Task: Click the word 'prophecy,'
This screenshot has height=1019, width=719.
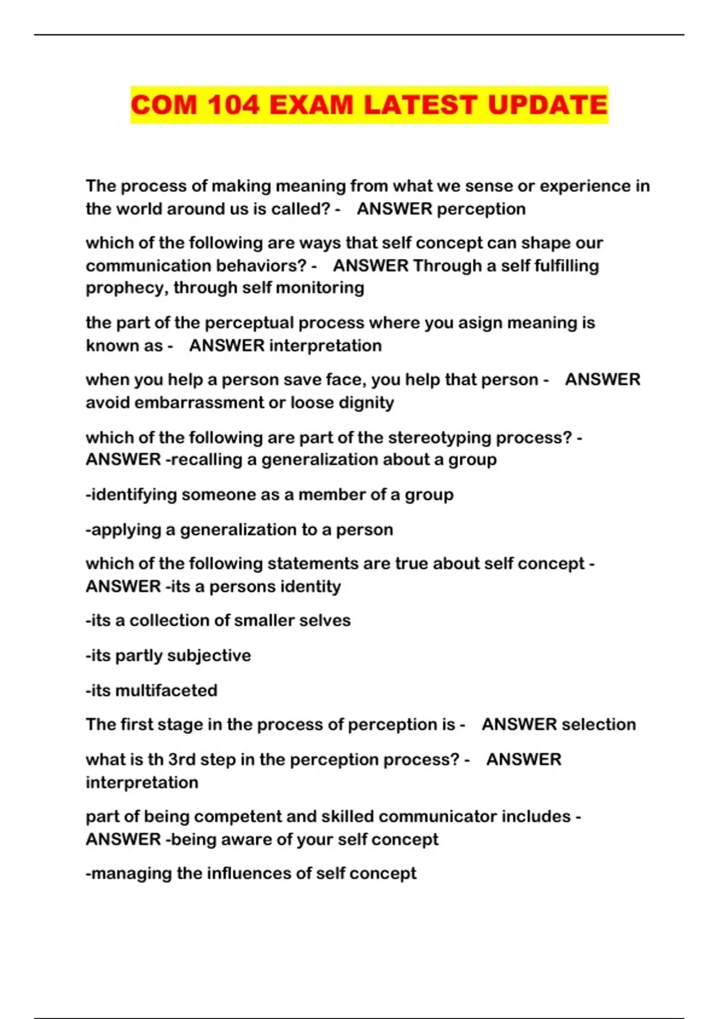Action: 127,288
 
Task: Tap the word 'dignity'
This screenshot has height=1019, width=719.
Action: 366,402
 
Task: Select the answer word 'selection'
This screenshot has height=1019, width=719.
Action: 599,725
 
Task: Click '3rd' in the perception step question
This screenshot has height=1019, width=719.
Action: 181,759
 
